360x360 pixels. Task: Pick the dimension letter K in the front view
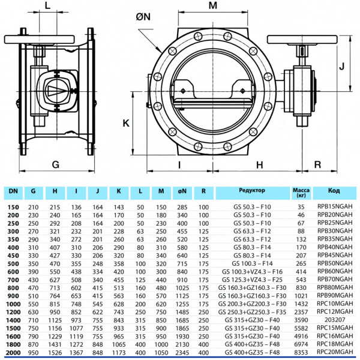pyautogui.click(x=126, y=124)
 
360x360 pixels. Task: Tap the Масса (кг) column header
pyautogui.click(x=301, y=192)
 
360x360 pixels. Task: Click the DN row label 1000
pyautogui.click(x=12, y=304)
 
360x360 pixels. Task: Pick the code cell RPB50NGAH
pyautogui.click(x=335, y=263)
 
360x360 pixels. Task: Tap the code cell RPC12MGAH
pyautogui.click(x=335, y=312)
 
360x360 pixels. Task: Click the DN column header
pyautogui.click(x=12, y=191)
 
